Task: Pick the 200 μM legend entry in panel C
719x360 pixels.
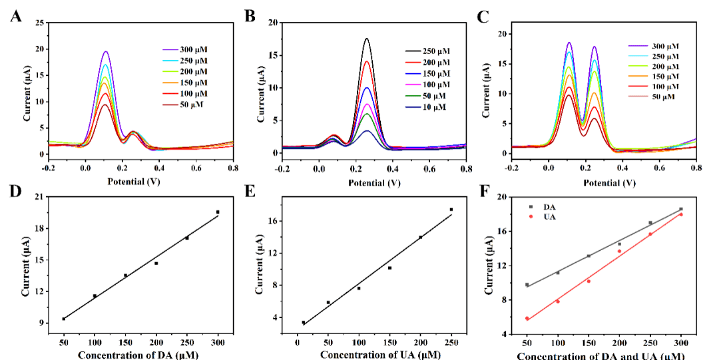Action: click(x=656, y=67)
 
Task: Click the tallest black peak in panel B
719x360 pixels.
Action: click(x=367, y=39)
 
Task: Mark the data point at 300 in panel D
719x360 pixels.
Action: click(x=218, y=212)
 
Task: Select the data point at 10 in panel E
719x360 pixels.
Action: click(x=304, y=323)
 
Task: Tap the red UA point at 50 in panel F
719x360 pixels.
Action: click(x=527, y=318)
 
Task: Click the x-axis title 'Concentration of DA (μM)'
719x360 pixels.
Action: click(x=138, y=355)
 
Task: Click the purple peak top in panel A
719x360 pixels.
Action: click(x=105, y=51)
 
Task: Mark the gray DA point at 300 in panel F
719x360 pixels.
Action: click(x=681, y=209)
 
